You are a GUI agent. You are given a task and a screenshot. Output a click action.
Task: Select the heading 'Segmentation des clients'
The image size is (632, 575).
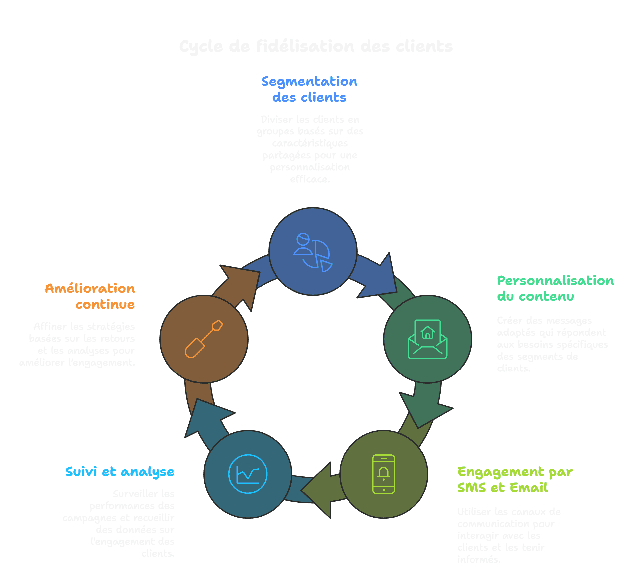click(x=309, y=89)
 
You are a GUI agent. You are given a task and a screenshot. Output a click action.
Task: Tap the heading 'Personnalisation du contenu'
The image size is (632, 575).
click(x=555, y=288)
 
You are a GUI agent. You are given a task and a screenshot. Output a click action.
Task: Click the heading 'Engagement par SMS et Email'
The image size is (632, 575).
click(x=514, y=479)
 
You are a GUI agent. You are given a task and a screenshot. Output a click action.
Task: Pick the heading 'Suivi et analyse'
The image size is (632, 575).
click(x=120, y=471)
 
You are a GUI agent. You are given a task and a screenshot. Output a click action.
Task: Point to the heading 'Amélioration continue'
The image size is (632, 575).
click(x=90, y=296)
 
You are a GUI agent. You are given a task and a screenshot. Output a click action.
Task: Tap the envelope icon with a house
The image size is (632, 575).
click(x=427, y=339)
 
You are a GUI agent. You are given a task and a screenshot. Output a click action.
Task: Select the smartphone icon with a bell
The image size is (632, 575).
click(x=383, y=474)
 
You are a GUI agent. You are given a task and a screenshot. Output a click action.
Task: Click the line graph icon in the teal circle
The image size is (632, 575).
click(x=248, y=474)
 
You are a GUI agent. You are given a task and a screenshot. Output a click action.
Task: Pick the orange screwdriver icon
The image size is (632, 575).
click(x=204, y=339)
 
